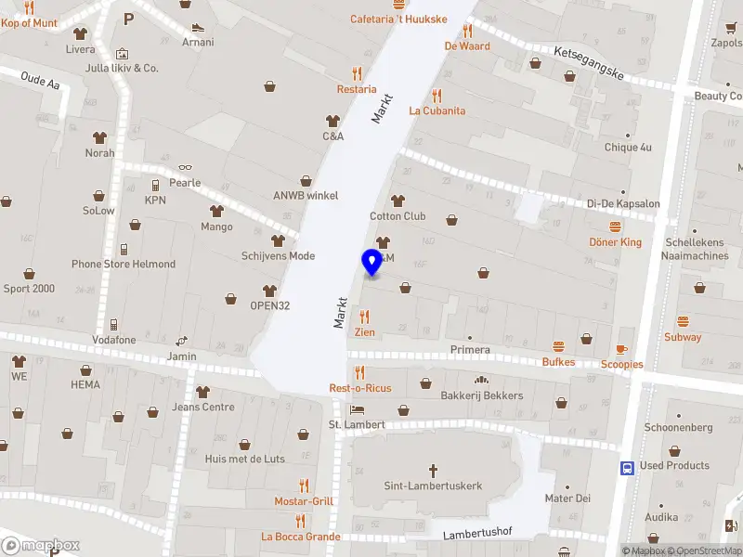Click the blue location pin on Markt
coord(372,262)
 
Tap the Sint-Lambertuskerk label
coord(433,486)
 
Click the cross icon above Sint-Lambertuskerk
coord(433,470)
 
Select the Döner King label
coord(616,242)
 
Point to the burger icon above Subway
coord(683,321)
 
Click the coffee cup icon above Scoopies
coord(621,349)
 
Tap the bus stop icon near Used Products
coord(628,468)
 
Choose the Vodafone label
coord(113,340)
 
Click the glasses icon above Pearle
coord(185,167)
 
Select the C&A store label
coord(332,136)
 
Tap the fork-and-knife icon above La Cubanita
coord(437,95)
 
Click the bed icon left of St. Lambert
coord(356,409)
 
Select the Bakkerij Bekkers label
coord(482,395)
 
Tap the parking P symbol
coord(128,18)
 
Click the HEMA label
coord(85,384)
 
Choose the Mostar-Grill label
coord(304,501)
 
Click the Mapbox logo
coord(41,545)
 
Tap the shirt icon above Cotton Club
coord(398,201)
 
